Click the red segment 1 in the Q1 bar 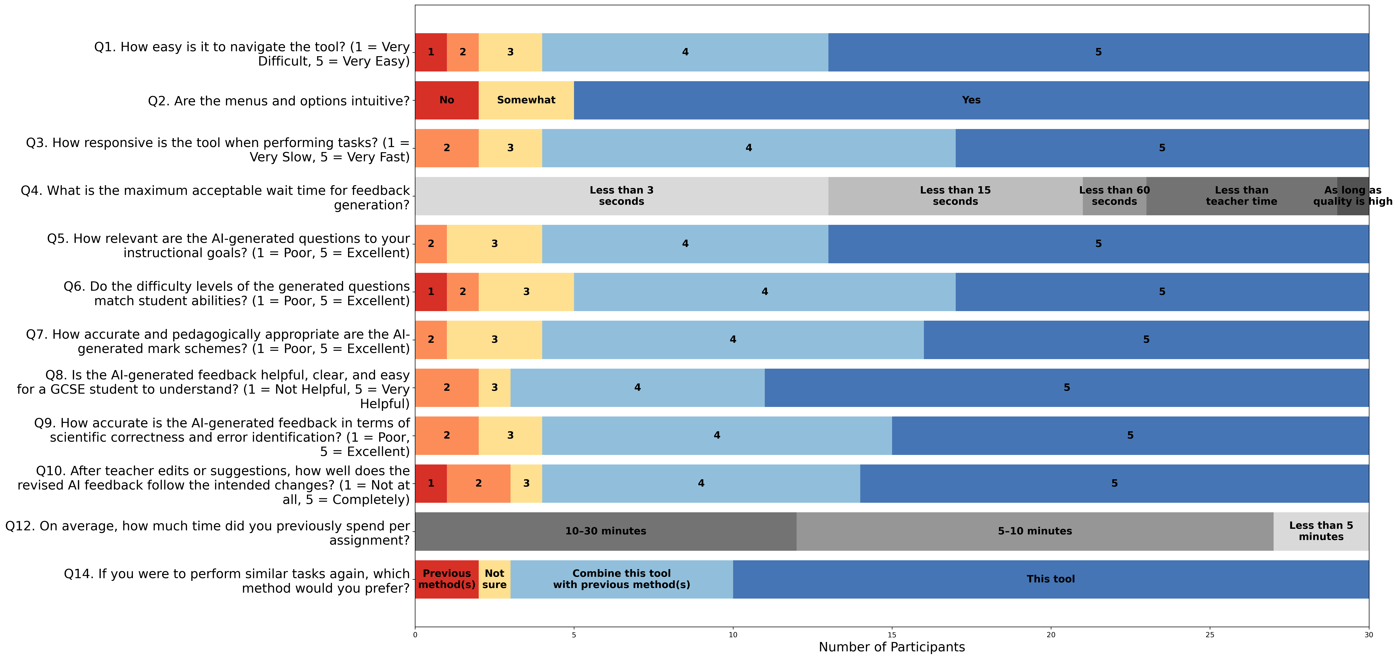tap(431, 52)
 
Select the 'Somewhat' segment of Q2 tap(526, 100)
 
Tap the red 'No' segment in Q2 tap(447, 100)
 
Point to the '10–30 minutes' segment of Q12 tap(606, 531)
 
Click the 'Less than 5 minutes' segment tap(1321, 531)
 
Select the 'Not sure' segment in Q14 tap(494, 579)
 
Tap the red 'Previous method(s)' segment tap(447, 579)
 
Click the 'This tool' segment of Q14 tap(1051, 579)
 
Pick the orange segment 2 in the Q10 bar tap(478, 483)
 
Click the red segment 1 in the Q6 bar tap(431, 292)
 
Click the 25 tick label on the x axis tap(1210, 634)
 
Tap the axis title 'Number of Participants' tap(892, 647)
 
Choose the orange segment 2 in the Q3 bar tap(447, 148)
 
